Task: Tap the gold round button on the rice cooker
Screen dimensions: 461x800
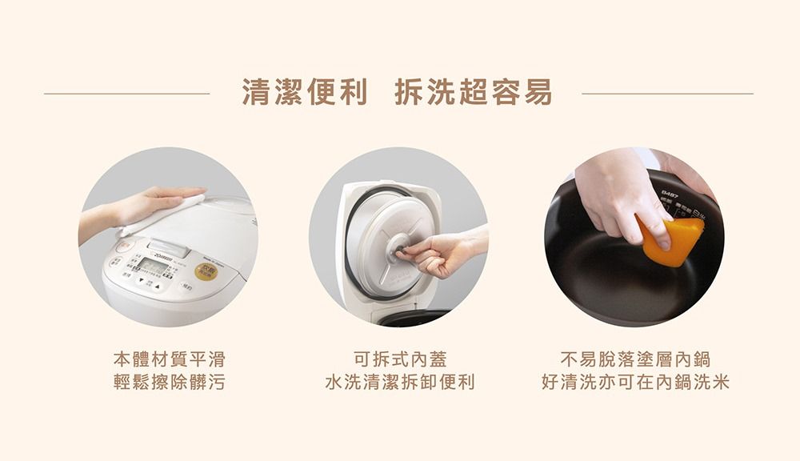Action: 206,271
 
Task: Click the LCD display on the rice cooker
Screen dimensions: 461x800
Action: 153,265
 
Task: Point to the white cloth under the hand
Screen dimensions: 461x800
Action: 164,214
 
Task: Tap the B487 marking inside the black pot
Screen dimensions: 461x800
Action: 670,194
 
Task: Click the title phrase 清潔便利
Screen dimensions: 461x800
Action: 305,93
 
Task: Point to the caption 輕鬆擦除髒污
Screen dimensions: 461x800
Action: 168,383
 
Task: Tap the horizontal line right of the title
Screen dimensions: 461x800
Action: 667,94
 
